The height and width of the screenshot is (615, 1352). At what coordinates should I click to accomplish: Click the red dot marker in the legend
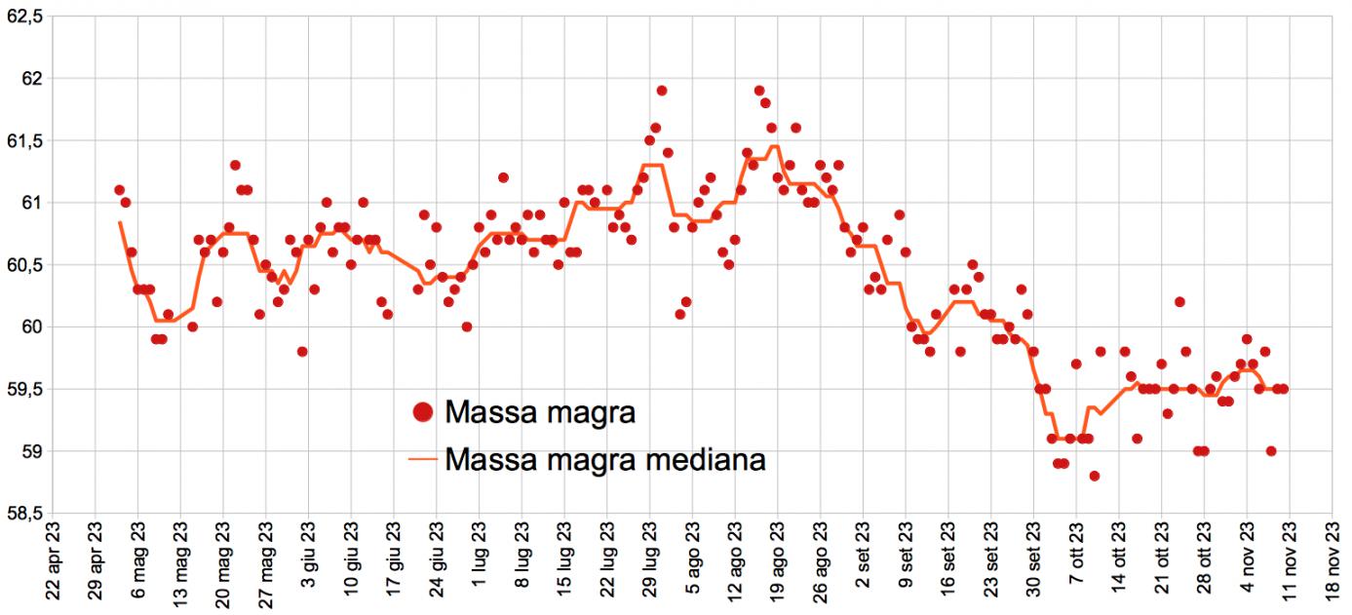coord(422,412)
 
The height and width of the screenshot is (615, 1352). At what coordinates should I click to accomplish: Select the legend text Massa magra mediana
coord(604,458)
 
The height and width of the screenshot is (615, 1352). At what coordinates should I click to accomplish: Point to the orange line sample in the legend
coord(422,458)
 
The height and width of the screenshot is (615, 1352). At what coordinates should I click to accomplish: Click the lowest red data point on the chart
coord(1095,476)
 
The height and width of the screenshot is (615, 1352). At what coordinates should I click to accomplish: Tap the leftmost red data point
coord(119,190)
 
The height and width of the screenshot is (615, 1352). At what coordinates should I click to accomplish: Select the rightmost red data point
coord(1284,389)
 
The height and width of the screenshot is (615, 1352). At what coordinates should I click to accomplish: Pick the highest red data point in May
coord(235,166)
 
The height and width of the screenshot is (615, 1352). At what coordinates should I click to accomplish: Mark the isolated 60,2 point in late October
coord(1179,302)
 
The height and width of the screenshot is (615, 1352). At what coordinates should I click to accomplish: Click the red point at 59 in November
coord(1271,451)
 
